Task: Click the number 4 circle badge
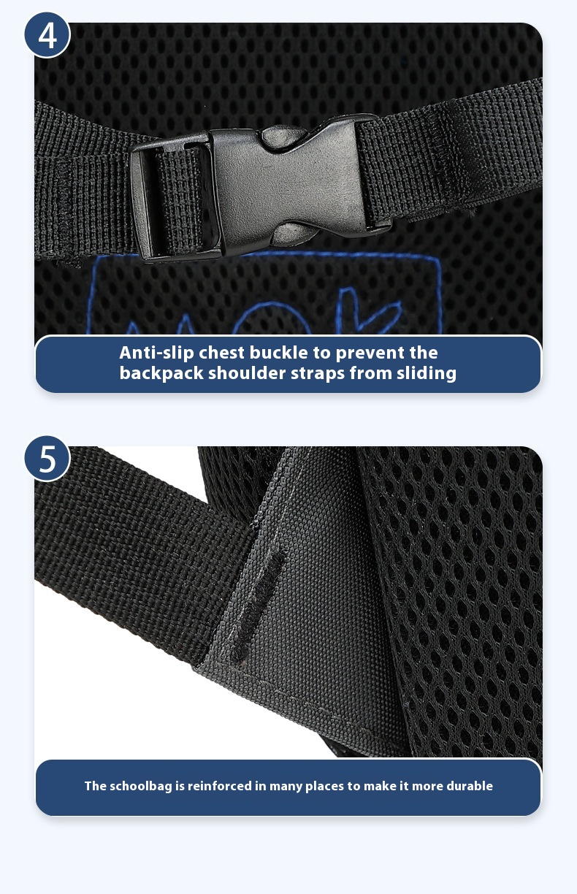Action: [47, 35]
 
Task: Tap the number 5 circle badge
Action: [47, 459]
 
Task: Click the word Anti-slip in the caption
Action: [156, 353]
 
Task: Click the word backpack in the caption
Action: [161, 373]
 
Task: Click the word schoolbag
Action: [141, 786]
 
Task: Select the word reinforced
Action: [221, 786]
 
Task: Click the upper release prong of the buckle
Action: [284, 137]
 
